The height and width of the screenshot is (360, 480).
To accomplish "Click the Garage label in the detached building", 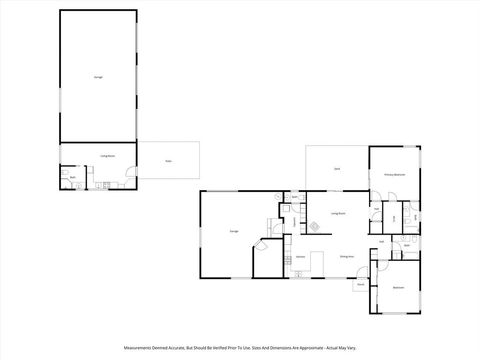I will pos(98,76).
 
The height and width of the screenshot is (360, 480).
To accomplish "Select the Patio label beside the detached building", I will pos(169,161).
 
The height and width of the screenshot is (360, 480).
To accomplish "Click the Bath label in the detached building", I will pos(73,178).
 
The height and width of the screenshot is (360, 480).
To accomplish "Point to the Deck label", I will pos(336,169).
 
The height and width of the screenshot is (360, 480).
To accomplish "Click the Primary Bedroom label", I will pos(394,174).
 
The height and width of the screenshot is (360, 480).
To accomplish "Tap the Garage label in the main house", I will pos(233,231).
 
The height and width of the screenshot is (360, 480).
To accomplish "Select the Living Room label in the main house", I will pos(338,213).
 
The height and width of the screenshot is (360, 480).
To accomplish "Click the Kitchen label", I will pos(300,257).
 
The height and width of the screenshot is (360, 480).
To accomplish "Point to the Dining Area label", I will pos(345,257).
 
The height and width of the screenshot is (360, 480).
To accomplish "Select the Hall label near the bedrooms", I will pos(383,241).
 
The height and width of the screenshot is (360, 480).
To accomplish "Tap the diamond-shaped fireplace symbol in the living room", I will pos(316,227).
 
